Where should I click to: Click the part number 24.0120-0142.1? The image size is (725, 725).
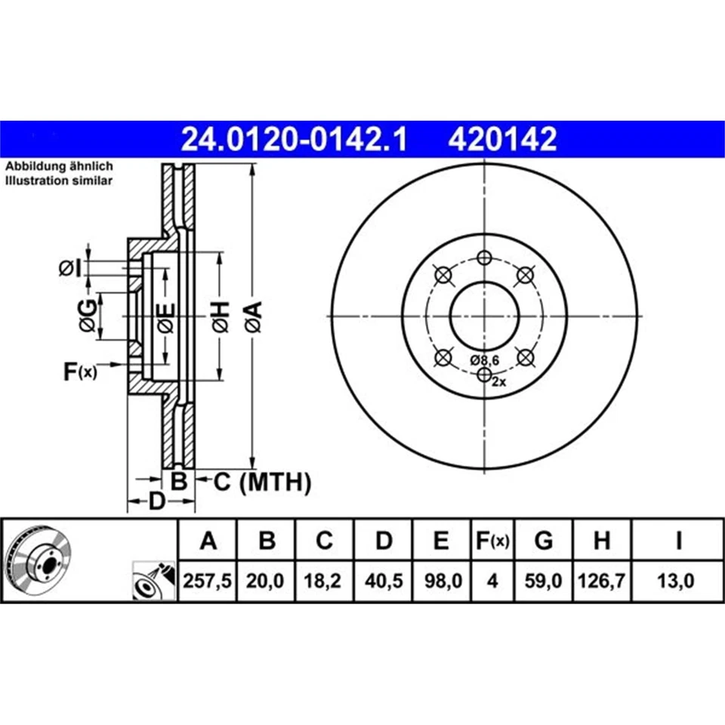tap(294, 139)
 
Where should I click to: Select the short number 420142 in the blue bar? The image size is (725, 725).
tap(502, 139)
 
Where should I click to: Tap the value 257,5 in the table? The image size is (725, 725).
tap(207, 580)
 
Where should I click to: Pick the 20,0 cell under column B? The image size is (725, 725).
tap(265, 580)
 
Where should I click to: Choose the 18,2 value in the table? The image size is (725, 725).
tap(322, 580)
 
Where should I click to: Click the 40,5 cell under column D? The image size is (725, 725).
tap(384, 580)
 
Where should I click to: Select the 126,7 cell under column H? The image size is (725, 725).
tap(602, 580)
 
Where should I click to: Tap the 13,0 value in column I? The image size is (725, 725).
tap(675, 580)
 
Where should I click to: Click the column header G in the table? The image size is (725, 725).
tap(543, 540)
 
